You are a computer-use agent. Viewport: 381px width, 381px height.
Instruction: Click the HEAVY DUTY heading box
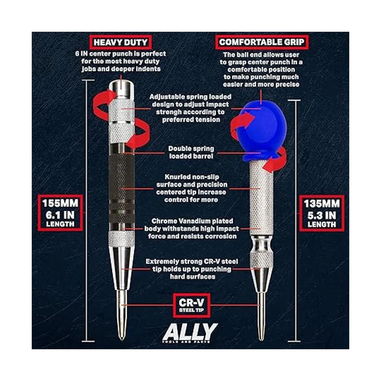120,42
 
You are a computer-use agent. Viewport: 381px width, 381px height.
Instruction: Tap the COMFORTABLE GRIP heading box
262,42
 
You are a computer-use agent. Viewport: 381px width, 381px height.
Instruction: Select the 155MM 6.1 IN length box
60,213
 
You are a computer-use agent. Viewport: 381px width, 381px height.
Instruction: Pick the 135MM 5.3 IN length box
322,213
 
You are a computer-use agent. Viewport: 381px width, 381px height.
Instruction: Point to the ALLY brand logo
190,332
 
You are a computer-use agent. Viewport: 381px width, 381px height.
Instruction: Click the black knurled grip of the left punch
122,187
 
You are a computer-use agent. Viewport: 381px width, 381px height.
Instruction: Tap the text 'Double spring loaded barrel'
191,152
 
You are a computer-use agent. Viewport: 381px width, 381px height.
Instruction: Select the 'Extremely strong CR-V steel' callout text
191,262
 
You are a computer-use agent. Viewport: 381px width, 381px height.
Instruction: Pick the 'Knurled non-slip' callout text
192,177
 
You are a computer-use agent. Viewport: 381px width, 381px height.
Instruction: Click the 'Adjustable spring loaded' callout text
190,97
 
